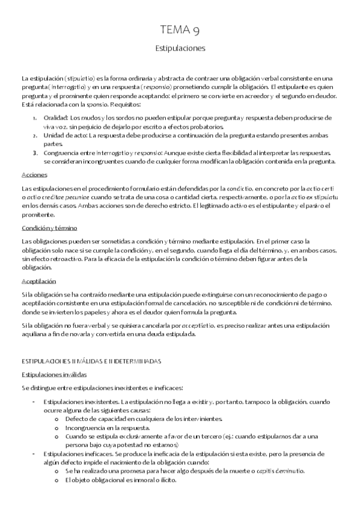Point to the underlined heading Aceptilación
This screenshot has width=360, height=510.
pos(38,281)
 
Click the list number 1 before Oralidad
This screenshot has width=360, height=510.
pos(35,118)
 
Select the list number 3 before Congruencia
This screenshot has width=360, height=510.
pos(35,153)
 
